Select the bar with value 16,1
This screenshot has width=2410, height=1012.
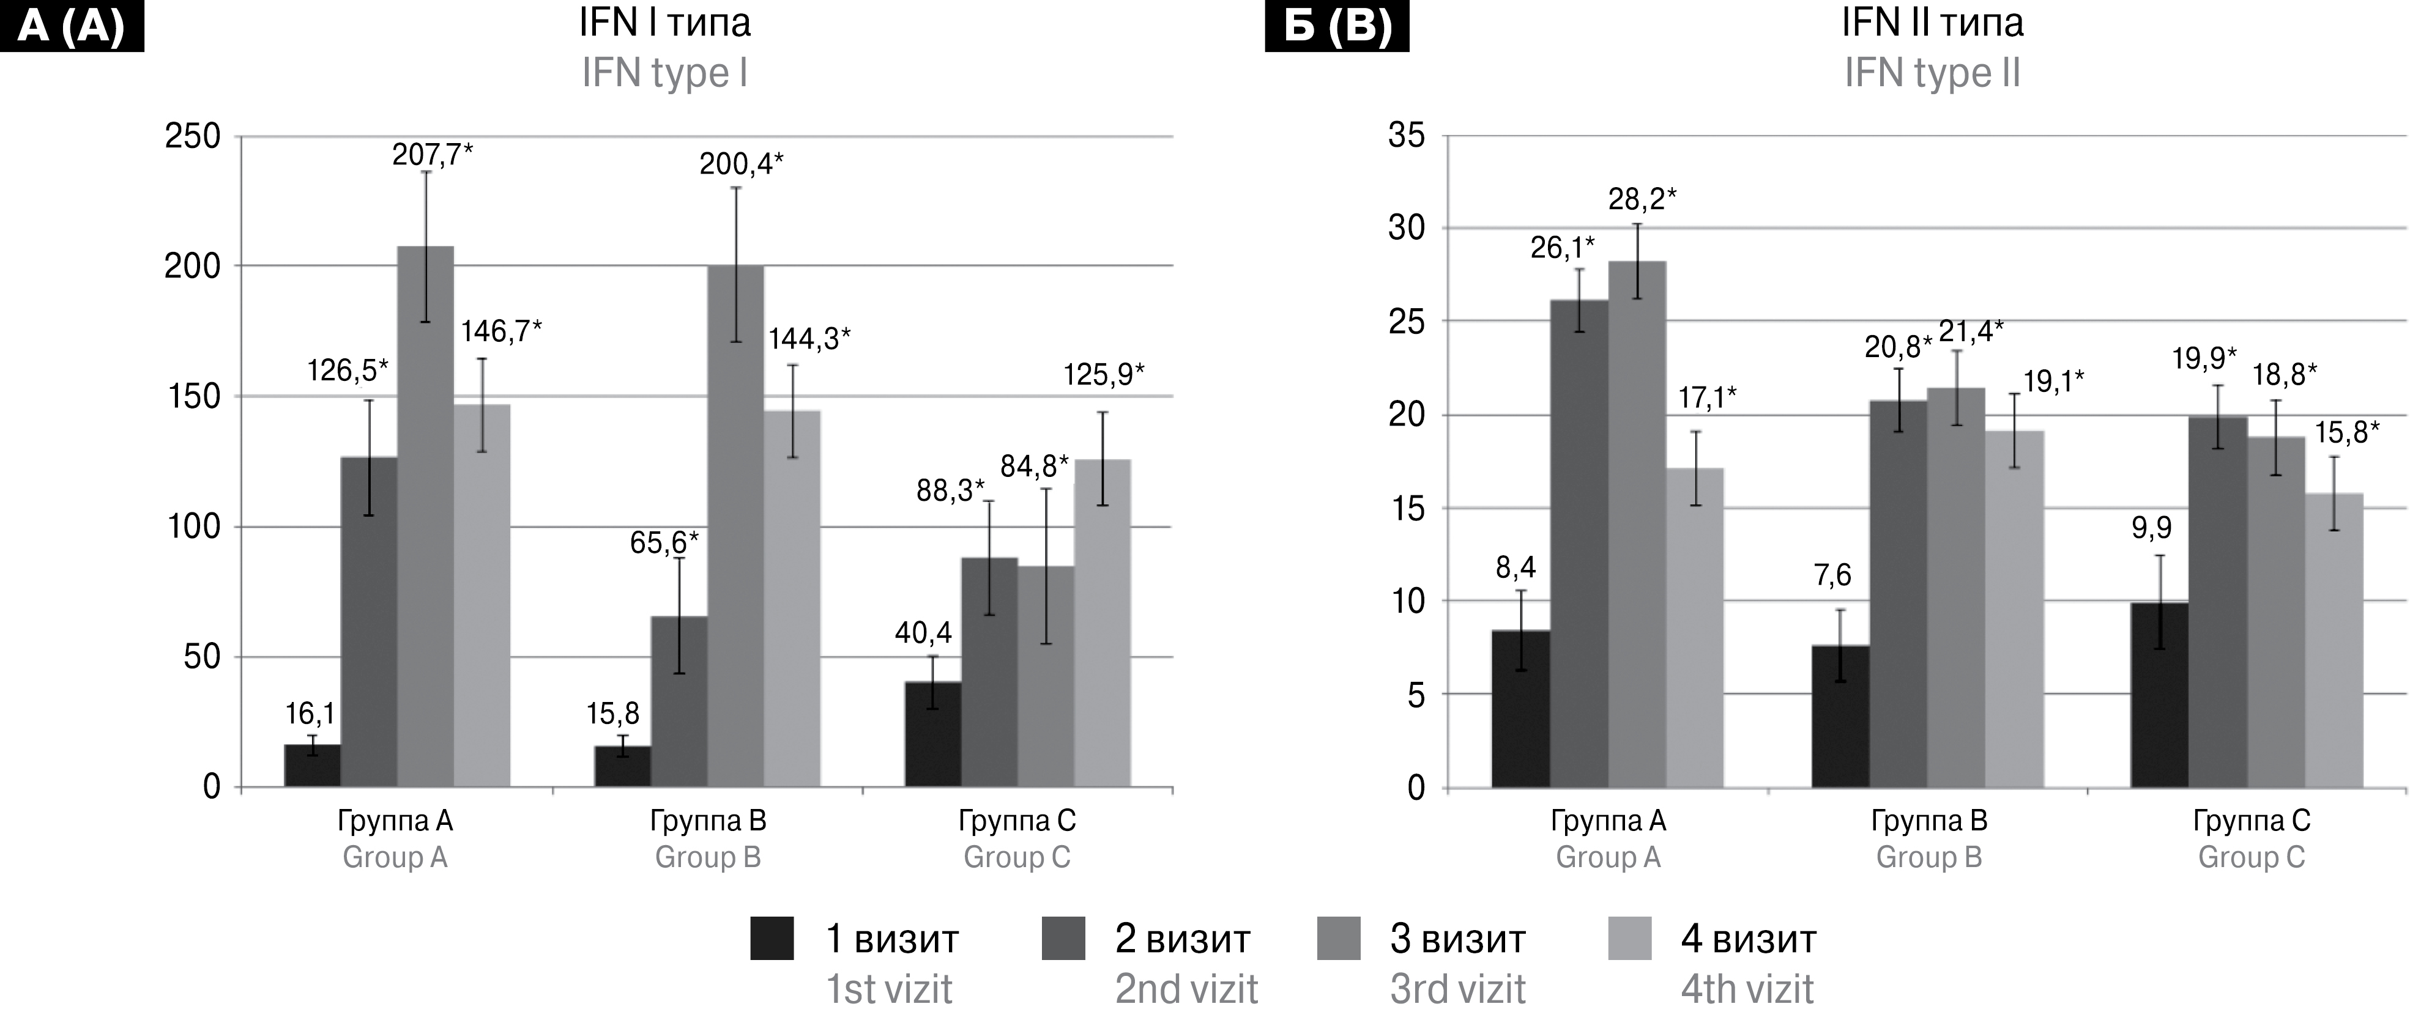coord(313,766)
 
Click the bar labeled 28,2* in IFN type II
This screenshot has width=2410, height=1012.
coord(1637,524)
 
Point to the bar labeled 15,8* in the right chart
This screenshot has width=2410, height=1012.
coord(2334,641)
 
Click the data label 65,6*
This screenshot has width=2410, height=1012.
coord(664,542)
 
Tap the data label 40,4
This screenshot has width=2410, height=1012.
coord(923,634)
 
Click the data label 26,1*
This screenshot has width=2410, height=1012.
coord(1563,248)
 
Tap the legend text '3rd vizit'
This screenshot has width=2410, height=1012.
coord(1457,989)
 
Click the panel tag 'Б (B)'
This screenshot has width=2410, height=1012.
coord(1337,26)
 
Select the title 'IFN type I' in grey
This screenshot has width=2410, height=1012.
coord(664,73)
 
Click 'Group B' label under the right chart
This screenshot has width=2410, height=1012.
coord(1929,858)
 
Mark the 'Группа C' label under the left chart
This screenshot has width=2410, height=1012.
coord(1017,821)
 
